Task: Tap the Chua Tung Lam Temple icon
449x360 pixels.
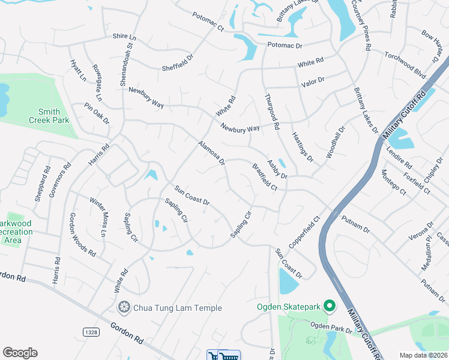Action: (125, 308)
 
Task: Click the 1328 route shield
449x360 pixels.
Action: (90, 332)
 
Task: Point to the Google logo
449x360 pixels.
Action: (20, 353)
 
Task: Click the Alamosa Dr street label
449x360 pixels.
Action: (211, 153)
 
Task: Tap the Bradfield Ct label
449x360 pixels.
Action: (265, 178)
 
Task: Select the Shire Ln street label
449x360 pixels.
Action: (125, 37)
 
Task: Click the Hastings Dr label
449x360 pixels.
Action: (302, 148)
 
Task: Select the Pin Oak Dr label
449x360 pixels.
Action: (97, 113)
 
